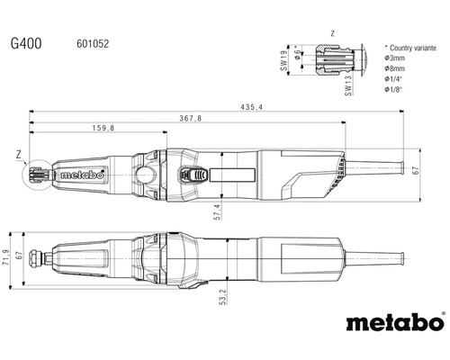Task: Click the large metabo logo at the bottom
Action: (x=394, y=321)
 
